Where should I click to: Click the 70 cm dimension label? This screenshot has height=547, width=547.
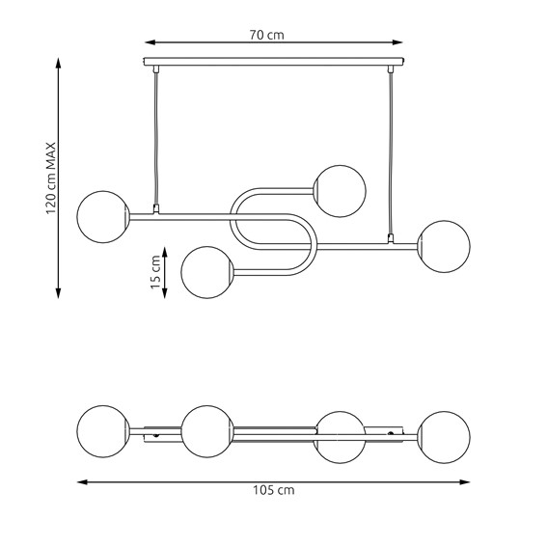pos(267,35)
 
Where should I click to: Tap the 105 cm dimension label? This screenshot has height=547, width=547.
pos(274,490)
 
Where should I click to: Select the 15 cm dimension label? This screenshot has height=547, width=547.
pos(155,272)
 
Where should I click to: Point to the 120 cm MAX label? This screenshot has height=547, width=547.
pos(51,178)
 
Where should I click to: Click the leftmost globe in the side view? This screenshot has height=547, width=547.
pos(103,217)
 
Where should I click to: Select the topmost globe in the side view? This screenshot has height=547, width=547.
pos(340,191)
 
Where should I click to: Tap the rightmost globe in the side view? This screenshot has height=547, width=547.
pos(444,246)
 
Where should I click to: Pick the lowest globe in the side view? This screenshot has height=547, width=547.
pos(207,272)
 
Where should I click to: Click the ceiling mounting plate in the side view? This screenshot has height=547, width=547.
pos(274,62)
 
